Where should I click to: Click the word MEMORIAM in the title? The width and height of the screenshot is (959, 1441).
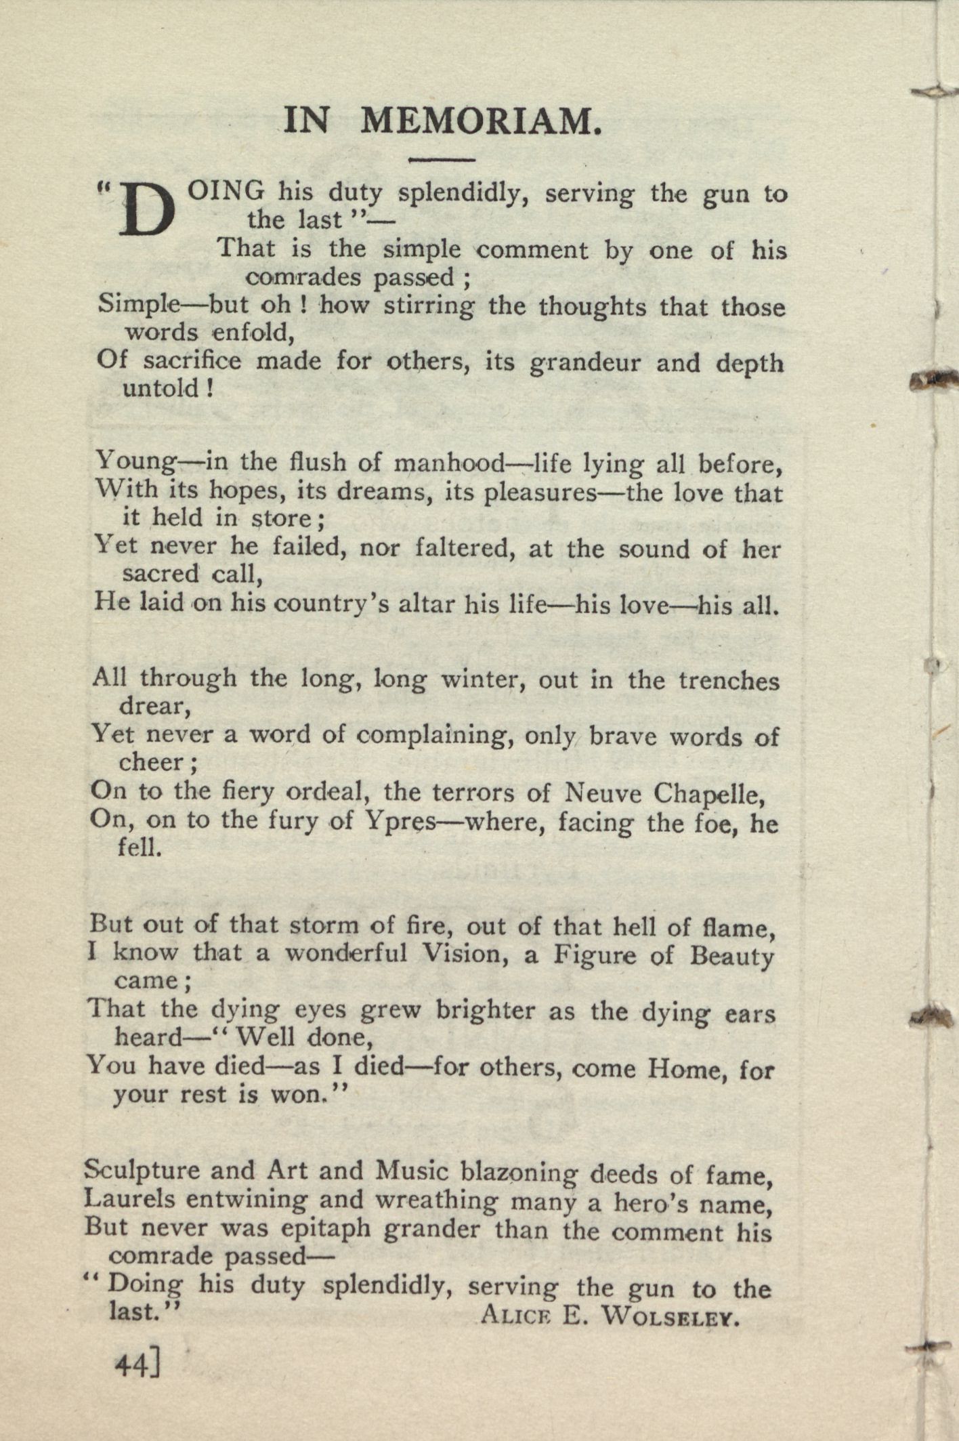480,121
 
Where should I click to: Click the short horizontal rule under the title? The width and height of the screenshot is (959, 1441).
443,160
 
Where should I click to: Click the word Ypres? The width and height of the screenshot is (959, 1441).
403,822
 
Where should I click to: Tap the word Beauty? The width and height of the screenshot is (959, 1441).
731,956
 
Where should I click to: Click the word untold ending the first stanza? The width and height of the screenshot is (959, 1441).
167,388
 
